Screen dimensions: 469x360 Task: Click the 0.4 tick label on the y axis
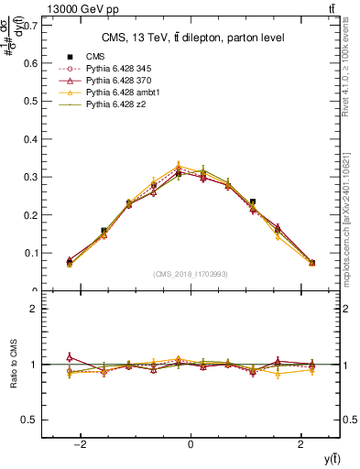coord(33,138)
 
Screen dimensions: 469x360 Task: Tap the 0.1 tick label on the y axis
coord(33,253)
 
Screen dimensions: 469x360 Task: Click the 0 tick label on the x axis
coord(191,444)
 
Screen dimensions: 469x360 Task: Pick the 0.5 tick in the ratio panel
coord(33,420)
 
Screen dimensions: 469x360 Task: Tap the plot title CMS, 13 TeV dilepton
coord(191,37)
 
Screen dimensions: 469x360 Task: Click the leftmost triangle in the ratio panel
coord(70,357)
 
